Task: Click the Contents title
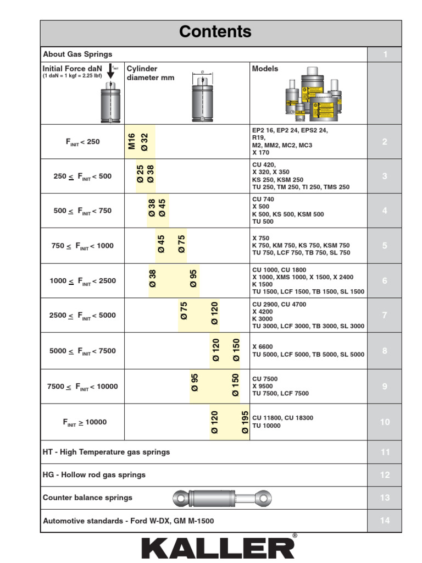[x=215, y=32]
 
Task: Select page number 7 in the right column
[x=385, y=316]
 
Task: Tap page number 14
[x=385, y=521]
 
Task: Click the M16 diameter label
[x=132, y=141]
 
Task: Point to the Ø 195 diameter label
[x=245, y=423]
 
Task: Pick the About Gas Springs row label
[x=77, y=54]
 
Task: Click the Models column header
[x=265, y=69]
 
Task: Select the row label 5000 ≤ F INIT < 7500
[x=83, y=351]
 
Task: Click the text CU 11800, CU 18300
[x=282, y=418]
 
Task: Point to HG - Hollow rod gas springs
[x=94, y=475]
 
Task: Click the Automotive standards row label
[x=128, y=521]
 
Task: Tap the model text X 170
[x=261, y=153]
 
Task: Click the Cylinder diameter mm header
[x=150, y=73]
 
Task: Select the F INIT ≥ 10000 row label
[x=85, y=422]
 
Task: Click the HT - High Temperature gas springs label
[x=106, y=452]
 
